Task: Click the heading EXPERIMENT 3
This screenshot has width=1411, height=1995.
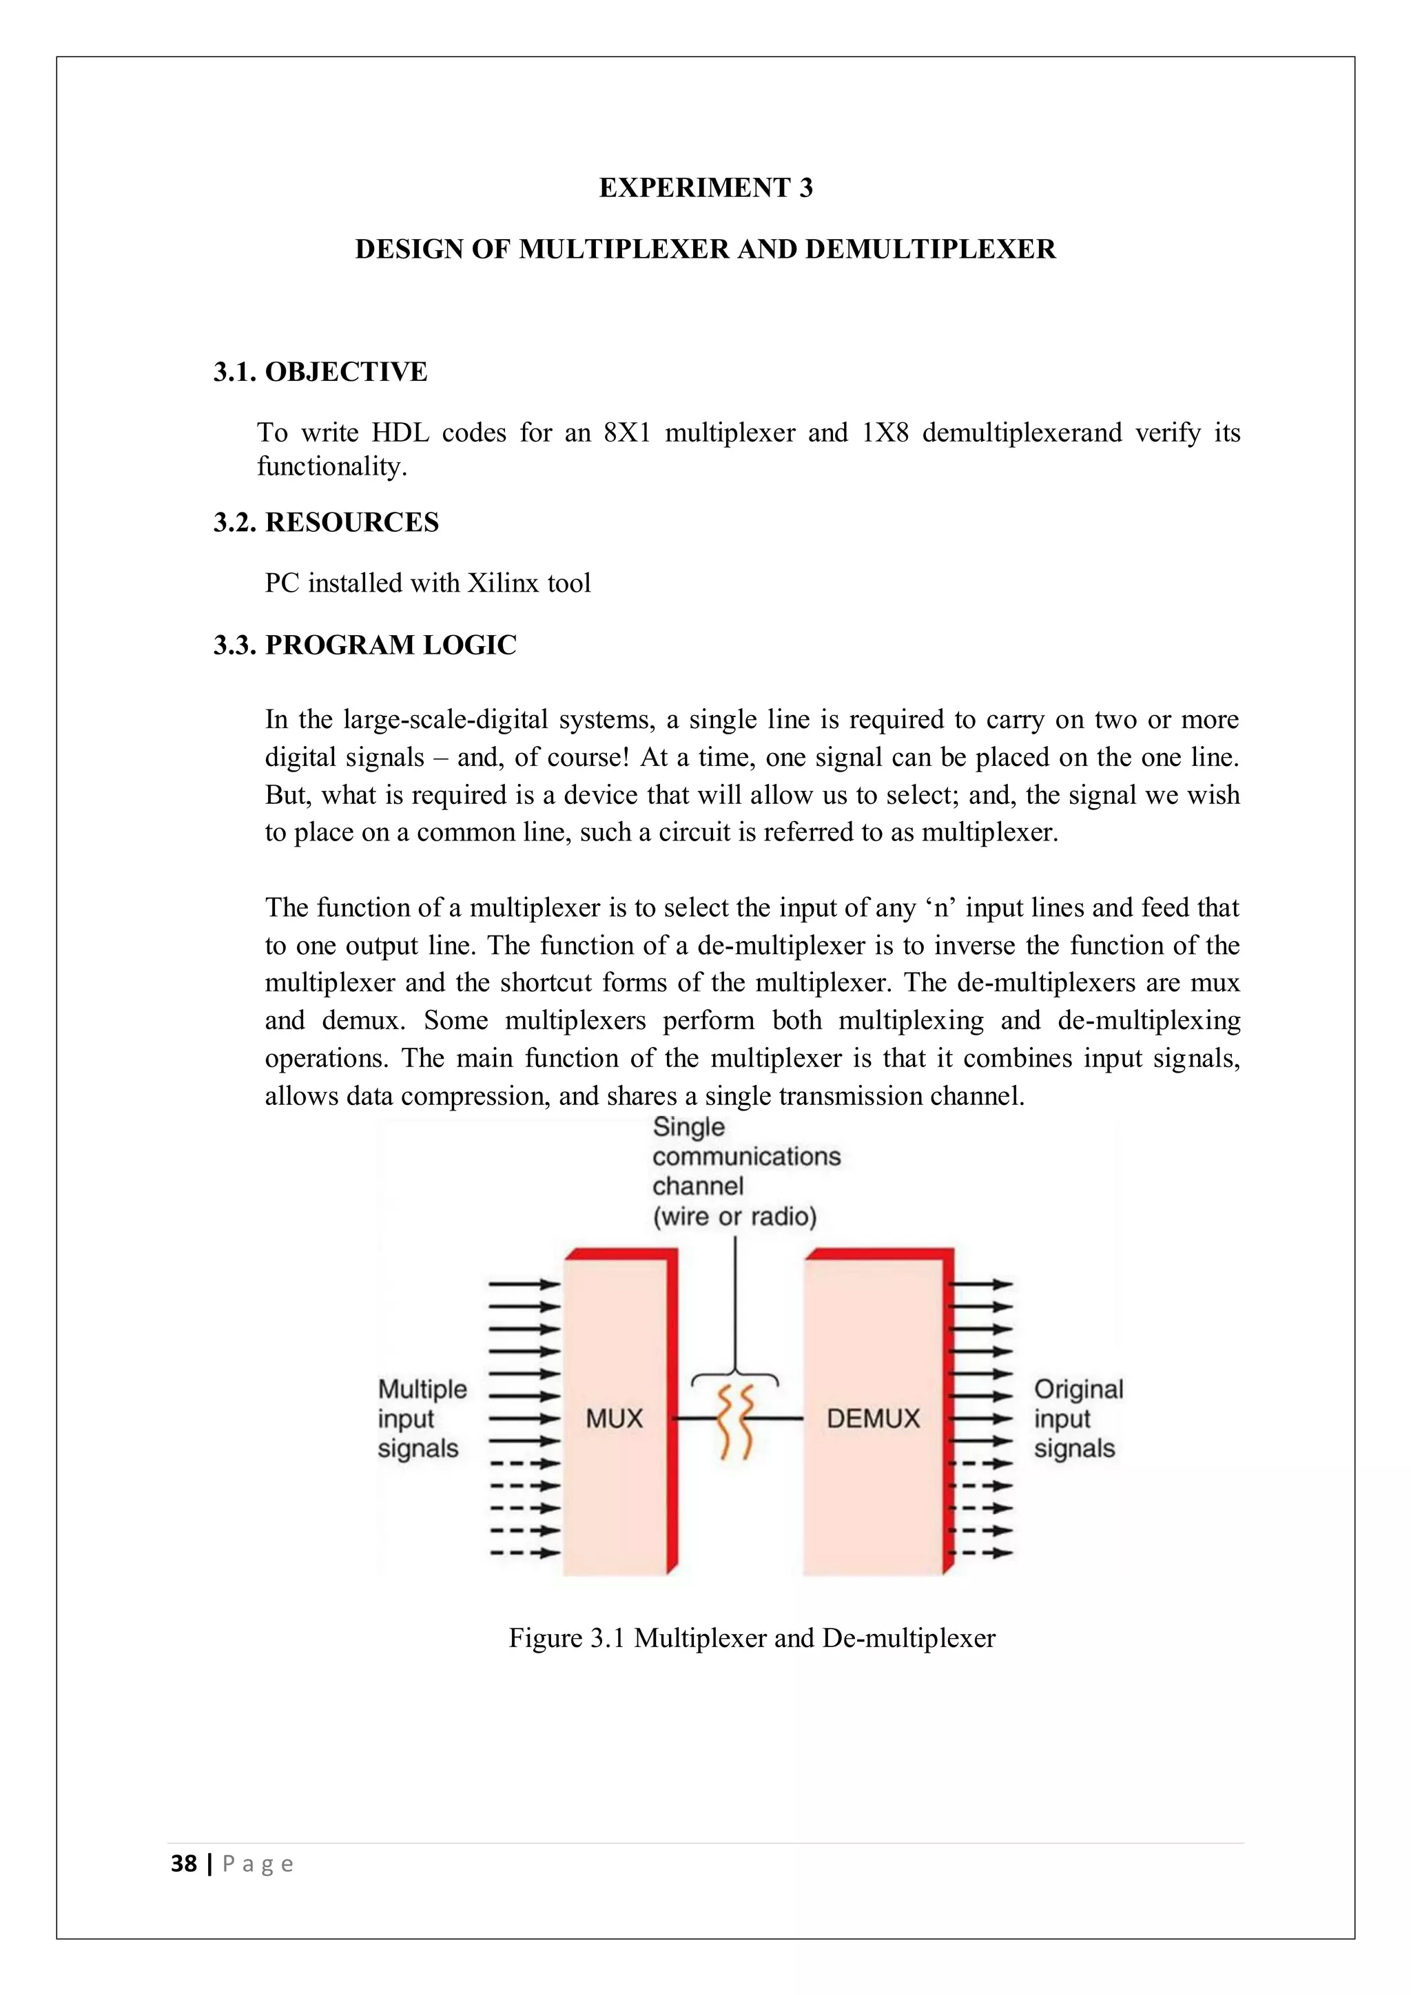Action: (705, 187)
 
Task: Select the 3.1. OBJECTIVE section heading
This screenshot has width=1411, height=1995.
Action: (320, 372)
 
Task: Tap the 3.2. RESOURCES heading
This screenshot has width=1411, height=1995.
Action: (326, 522)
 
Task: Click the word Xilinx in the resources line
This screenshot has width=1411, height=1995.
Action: (503, 583)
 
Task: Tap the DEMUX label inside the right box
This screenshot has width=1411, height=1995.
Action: (872, 1419)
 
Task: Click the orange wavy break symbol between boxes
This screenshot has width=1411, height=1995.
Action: (735, 1423)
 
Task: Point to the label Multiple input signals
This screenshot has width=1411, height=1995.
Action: (422, 1419)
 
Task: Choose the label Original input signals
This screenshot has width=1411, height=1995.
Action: (1078, 1419)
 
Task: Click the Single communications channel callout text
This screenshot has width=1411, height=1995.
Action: (745, 1171)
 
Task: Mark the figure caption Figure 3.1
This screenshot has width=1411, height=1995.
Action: (751, 1638)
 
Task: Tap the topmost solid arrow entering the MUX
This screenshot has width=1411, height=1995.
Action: (524, 1284)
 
